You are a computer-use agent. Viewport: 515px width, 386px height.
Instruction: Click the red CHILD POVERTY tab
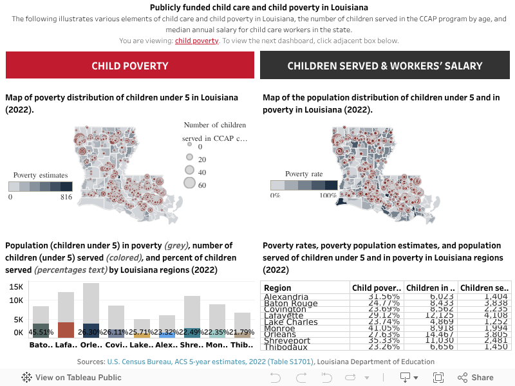tap(130, 66)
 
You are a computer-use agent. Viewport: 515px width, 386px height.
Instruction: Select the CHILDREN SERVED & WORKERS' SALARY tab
tap(385, 66)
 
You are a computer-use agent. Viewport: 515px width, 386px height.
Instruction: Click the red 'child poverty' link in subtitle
tap(196, 41)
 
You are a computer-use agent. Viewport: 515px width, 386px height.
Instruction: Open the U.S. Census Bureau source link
tap(211, 362)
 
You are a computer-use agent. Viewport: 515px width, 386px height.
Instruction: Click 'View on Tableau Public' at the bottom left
tap(71, 378)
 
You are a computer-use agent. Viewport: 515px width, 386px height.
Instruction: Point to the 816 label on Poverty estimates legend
tap(66, 198)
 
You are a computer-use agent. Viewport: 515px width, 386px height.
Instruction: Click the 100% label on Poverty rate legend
tap(328, 195)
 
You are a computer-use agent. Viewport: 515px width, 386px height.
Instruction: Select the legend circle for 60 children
tap(189, 183)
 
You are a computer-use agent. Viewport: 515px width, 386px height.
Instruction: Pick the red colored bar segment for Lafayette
tap(66, 330)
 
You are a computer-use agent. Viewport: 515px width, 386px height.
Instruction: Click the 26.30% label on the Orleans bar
tap(90, 332)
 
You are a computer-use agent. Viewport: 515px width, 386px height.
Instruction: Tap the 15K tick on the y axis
tap(16, 287)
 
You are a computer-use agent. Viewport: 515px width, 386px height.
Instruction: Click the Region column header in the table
tap(277, 288)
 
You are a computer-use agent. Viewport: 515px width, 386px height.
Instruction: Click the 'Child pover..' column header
tap(377, 288)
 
